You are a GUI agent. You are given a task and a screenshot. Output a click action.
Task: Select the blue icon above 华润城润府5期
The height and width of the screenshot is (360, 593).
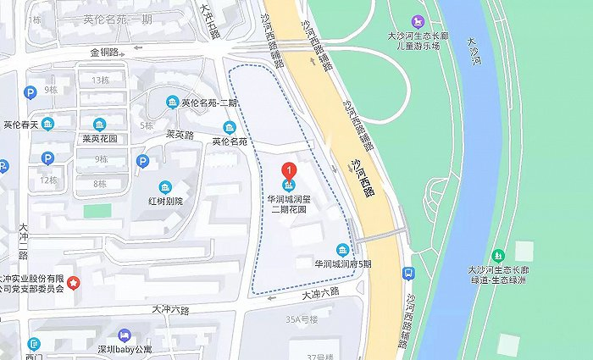342,250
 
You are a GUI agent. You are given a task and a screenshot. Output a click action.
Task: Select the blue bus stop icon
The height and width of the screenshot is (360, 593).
409,274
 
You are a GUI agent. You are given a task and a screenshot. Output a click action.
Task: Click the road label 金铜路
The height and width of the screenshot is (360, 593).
105,52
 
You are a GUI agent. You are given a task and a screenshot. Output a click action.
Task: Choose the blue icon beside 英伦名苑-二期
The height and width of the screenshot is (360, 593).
173,102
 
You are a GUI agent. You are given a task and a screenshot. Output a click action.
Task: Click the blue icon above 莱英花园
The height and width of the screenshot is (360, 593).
100,124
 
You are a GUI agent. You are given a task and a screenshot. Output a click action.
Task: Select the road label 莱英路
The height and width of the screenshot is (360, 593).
180,134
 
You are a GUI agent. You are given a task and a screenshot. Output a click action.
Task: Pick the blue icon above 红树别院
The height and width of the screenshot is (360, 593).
166,187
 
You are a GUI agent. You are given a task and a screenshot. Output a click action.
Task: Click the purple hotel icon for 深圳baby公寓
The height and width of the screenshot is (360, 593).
125,336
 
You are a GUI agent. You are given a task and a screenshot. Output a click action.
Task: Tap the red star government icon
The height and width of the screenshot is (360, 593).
74,282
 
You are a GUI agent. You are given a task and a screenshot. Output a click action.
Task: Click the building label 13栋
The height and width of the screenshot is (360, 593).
100,80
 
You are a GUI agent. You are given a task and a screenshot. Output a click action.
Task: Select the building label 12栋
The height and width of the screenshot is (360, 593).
48,180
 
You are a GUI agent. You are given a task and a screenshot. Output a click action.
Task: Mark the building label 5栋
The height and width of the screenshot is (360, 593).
147,125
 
